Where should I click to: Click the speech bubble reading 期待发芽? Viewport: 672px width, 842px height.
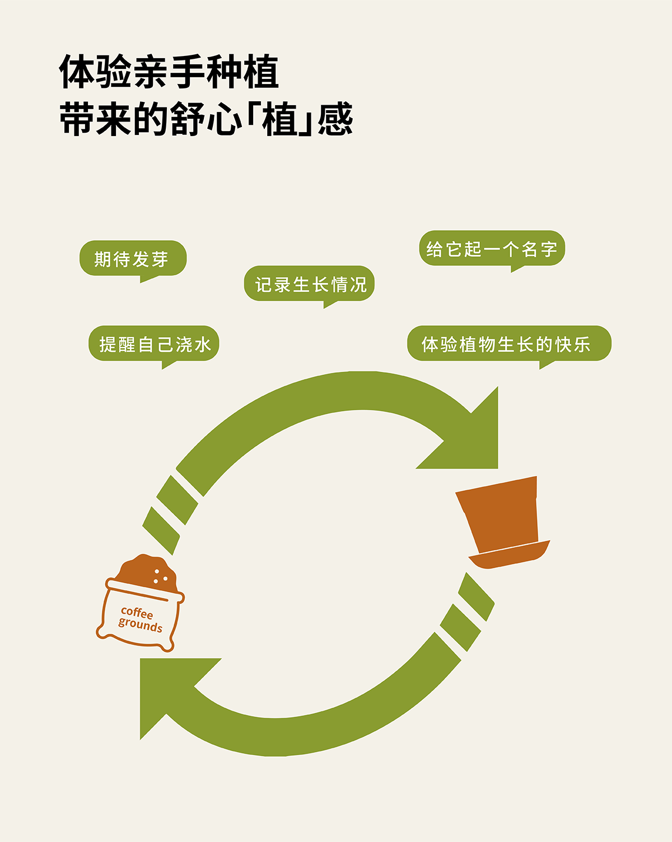click(133, 259)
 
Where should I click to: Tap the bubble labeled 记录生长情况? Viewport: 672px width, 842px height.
click(309, 284)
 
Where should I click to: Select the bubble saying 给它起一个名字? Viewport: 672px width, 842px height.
click(492, 249)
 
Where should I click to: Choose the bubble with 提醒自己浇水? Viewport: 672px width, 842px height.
click(154, 344)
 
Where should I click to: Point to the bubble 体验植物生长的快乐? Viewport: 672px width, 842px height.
click(508, 344)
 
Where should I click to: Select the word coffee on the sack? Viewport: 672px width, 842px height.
click(137, 612)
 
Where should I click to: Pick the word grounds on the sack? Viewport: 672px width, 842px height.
click(140, 625)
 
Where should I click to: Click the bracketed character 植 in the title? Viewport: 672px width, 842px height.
click(279, 119)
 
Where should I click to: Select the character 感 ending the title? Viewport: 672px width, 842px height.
click(335, 119)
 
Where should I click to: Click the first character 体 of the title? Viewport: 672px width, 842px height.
click(77, 72)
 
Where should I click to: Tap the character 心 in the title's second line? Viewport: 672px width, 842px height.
click(224, 119)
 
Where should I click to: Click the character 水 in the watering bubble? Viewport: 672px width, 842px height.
click(203, 344)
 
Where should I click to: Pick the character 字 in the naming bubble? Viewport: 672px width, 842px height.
click(548, 249)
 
